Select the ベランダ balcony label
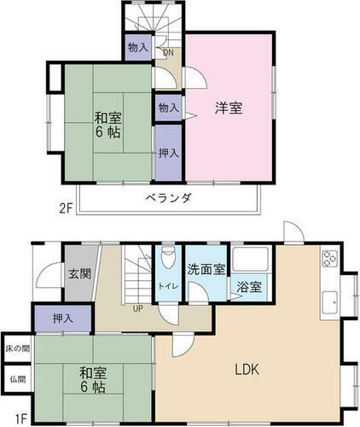click(x=167, y=198)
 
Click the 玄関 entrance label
click(x=79, y=273)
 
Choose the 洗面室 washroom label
click(x=206, y=269)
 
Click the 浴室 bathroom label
click(x=250, y=287)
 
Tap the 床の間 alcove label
click(x=16, y=348)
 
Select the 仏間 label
click(x=16, y=379)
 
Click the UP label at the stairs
click(x=136, y=308)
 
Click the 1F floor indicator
click(x=21, y=418)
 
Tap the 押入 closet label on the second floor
click(x=168, y=154)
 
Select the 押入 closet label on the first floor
click(x=62, y=318)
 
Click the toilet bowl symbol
click(x=166, y=258)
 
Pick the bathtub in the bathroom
click(x=251, y=261)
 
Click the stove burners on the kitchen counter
click(x=329, y=260)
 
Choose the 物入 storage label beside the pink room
click(x=168, y=108)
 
